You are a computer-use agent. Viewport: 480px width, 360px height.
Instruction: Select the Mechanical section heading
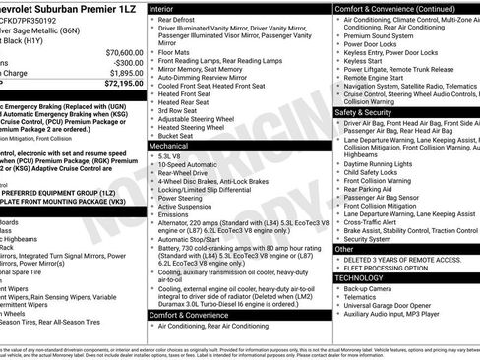point(169,144)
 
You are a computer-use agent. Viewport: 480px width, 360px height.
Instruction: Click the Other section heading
point(344,249)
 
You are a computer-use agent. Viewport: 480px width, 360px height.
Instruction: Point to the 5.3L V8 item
point(169,155)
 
